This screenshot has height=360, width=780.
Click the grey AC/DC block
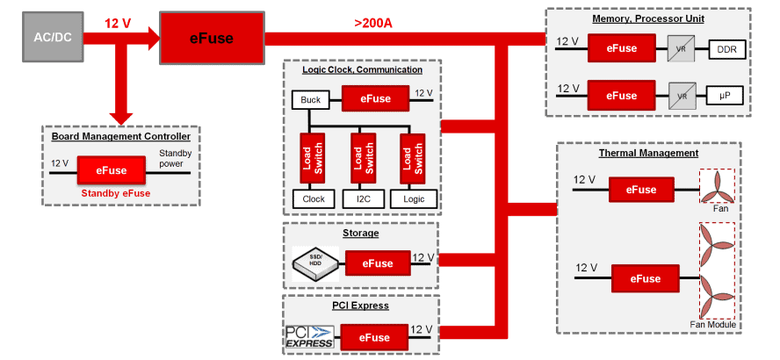(x=51, y=38)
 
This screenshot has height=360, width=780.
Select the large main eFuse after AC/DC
(x=211, y=38)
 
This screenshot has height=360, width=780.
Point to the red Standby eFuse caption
(x=115, y=193)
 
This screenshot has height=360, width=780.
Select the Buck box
(x=310, y=100)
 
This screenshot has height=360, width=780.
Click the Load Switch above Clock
(x=313, y=157)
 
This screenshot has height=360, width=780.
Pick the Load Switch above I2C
(x=363, y=157)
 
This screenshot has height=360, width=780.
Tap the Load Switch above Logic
(x=412, y=157)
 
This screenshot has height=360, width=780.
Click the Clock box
(x=314, y=198)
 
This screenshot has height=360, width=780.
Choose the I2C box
(x=363, y=198)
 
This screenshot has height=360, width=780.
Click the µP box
(x=726, y=96)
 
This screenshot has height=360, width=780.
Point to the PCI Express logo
(x=310, y=336)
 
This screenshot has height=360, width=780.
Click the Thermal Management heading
(x=648, y=154)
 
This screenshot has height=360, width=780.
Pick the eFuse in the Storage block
(x=378, y=263)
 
